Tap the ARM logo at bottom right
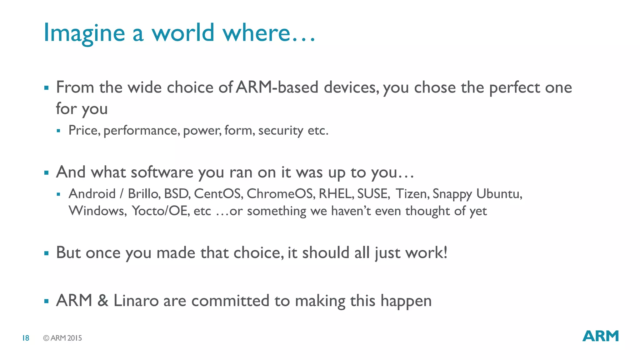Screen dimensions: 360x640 [600, 336]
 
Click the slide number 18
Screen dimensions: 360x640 [26, 338]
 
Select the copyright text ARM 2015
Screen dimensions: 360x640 [62, 338]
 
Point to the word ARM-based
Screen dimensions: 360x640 [277, 87]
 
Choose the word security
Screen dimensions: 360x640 [280, 131]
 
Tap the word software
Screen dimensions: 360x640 [162, 172]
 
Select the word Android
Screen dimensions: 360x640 [92, 194]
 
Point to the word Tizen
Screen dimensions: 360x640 [412, 194]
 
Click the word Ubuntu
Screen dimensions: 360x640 [499, 194]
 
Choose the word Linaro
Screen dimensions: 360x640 [136, 301]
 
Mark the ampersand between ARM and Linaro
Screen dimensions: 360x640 [103, 301]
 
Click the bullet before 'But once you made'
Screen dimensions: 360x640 [47, 253]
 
